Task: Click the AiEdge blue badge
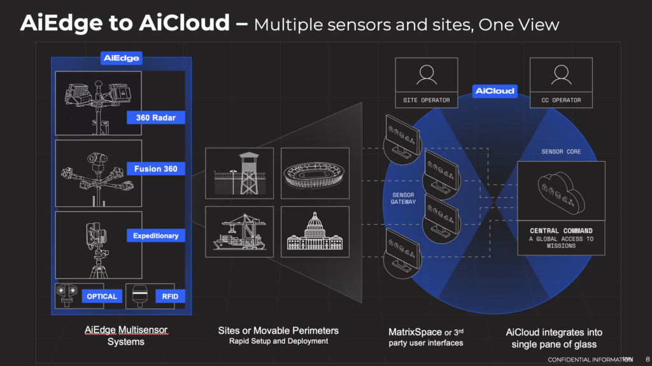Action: [x=121, y=58]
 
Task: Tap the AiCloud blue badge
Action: [x=495, y=90]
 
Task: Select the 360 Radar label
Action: [x=155, y=117]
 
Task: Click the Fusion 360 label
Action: [x=155, y=169]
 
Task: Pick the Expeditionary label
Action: [x=155, y=236]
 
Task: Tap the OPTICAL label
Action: [x=102, y=296]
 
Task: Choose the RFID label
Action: [x=170, y=296]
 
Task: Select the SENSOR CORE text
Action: [x=561, y=151]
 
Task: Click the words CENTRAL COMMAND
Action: [x=561, y=230]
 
